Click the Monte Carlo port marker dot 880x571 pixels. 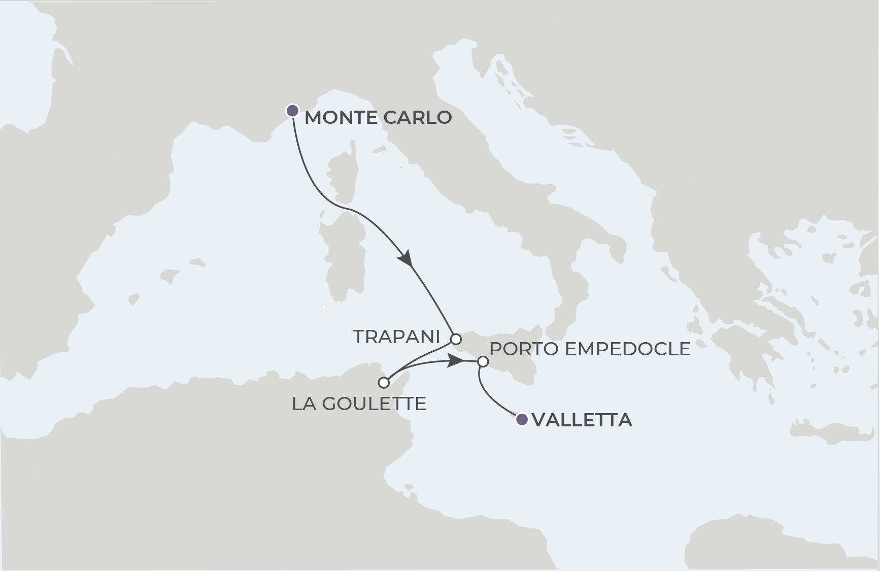coord(292,111)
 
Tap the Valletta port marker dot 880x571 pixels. coord(522,420)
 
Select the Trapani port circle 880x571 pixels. coord(456,339)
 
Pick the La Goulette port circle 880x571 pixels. coord(384,382)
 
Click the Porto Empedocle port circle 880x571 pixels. coord(483,362)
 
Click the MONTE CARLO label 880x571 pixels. coord(378,118)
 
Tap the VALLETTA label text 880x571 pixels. coord(582,420)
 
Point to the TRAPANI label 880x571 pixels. coord(396,337)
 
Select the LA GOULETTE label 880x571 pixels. coord(359,404)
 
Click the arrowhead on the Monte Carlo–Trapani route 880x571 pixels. coord(406,258)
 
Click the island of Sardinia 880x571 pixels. coord(345,259)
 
